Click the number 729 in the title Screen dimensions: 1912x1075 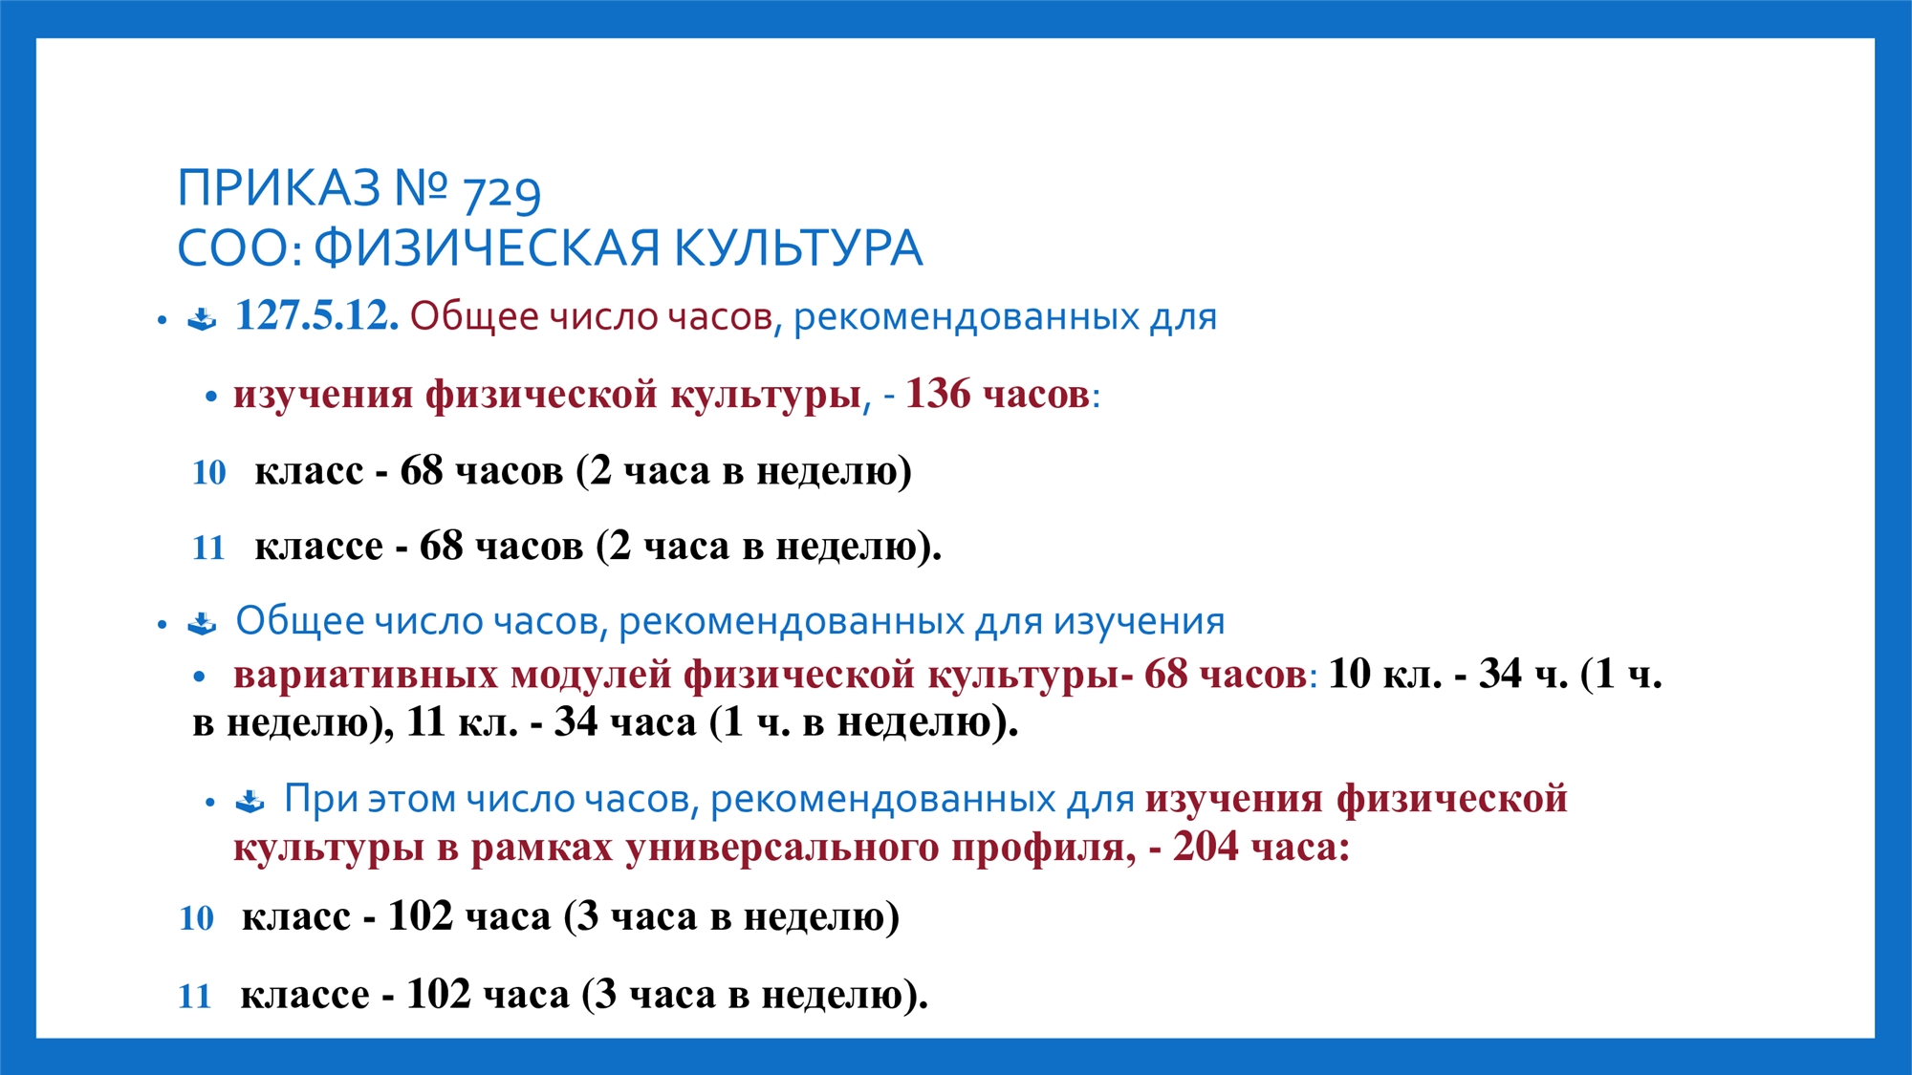coord(501,192)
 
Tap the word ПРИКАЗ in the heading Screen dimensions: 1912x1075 coord(279,187)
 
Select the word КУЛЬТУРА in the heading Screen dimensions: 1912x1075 coord(798,247)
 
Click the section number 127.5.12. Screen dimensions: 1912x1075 coord(316,315)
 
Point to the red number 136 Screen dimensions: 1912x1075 coord(937,394)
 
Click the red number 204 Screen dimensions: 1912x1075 coord(1206,846)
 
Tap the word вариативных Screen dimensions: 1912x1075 coord(365,675)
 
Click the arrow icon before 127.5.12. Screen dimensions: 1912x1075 coord(202,318)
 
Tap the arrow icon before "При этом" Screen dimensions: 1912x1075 coord(250,801)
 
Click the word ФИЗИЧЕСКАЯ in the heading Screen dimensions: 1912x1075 coord(487,247)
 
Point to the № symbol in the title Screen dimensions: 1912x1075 coord(421,187)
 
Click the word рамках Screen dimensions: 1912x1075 coord(541,849)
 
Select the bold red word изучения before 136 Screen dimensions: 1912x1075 coord(323,395)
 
